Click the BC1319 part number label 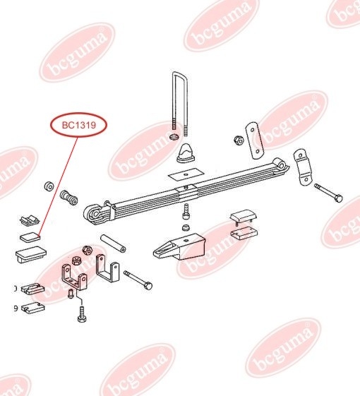(x=79, y=125)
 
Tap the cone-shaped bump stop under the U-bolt (x=186, y=154)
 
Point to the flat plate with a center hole (x=186, y=174)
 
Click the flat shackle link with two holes (x=255, y=140)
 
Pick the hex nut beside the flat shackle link (x=239, y=140)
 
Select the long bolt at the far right (x=328, y=193)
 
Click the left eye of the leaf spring (x=92, y=214)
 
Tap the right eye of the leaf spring (x=281, y=164)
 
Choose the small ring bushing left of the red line (x=49, y=186)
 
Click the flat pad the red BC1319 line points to (x=30, y=237)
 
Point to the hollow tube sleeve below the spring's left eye (x=113, y=244)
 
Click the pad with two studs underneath (x=244, y=217)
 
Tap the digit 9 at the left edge (x=16, y=308)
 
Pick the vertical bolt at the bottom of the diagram (x=82, y=314)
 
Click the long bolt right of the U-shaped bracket (x=138, y=280)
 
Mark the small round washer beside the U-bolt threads (x=174, y=138)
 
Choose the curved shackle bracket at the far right (x=302, y=167)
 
